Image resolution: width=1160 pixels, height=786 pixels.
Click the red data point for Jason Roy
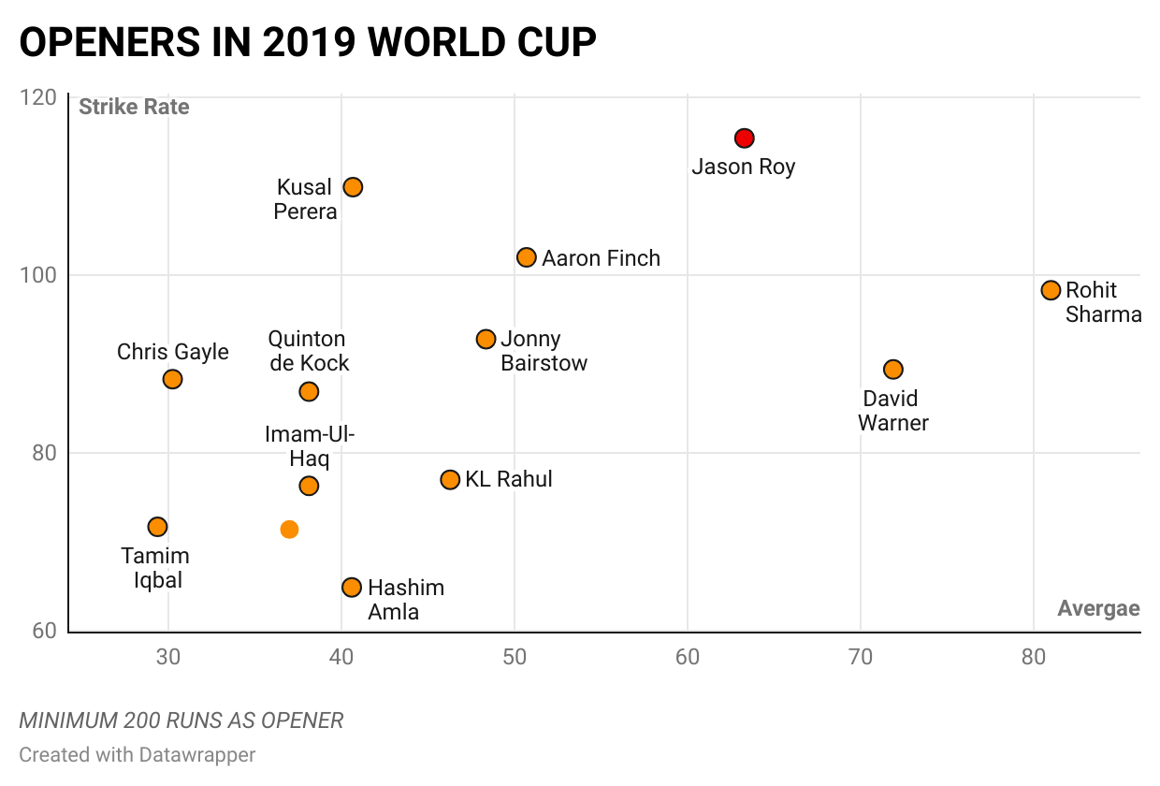(x=744, y=138)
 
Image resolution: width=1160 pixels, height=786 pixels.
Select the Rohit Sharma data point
(x=1051, y=290)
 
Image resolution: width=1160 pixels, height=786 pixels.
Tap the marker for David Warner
(x=893, y=370)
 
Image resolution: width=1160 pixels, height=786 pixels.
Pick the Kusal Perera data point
(x=353, y=187)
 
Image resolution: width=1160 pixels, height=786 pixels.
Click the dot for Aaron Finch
(x=527, y=257)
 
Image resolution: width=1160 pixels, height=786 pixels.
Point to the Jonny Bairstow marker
(x=486, y=339)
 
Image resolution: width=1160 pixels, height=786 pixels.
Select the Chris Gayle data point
(x=172, y=379)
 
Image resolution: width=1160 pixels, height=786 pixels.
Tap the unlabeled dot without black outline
(x=289, y=530)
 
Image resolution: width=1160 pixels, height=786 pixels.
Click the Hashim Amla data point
(x=352, y=588)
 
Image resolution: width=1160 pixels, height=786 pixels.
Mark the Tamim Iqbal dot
(x=157, y=527)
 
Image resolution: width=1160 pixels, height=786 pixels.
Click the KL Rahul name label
(x=509, y=479)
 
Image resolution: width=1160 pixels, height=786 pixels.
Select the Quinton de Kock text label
(x=308, y=351)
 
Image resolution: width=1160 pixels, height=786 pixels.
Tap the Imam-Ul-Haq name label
(x=310, y=446)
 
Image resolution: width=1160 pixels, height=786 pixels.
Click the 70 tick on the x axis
(x=861, y=657)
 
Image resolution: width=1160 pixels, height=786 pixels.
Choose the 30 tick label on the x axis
(x=168, y=657)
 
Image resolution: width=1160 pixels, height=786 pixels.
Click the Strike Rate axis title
(x=134, y=107)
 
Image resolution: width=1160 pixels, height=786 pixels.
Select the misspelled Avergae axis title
(x=1098, y=609)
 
